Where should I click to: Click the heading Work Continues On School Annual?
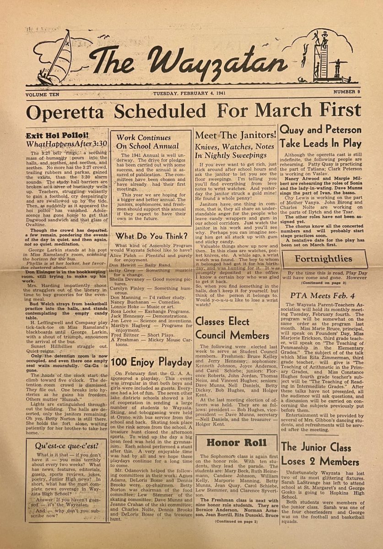point(147,141)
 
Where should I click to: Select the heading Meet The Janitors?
point(236,135)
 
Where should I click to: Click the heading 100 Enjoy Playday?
point(151,362)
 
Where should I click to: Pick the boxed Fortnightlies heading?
point(323,259)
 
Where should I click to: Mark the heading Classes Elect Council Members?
point(222,328)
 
